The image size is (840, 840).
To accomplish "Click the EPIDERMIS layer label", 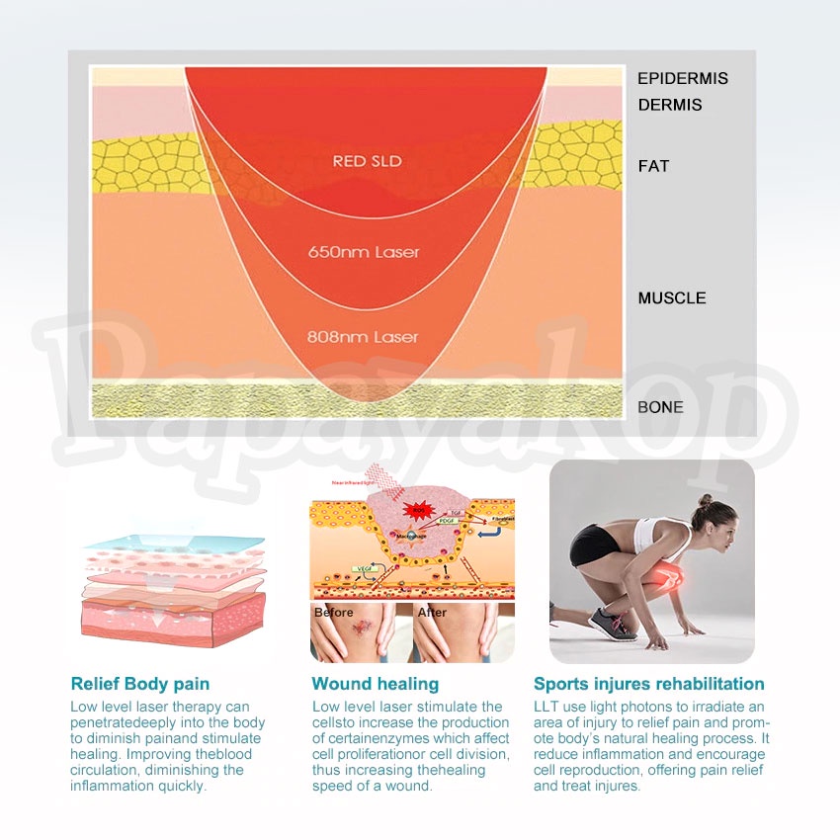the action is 682,79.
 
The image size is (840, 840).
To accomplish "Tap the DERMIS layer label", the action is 670,105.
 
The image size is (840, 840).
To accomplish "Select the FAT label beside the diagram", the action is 653,166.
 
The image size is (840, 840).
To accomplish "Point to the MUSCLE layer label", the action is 672,298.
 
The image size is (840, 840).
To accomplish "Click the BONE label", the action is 660,407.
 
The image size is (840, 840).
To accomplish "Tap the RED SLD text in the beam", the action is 367,161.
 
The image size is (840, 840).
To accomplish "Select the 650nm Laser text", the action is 364,252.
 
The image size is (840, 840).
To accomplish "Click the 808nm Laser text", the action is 363,337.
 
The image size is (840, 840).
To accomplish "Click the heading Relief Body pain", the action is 140,684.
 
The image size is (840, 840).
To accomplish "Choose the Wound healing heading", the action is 376,684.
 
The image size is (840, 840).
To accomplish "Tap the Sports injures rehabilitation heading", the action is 649,684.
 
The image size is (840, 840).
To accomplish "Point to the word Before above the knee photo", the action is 333,613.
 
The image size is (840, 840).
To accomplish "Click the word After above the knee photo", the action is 432,613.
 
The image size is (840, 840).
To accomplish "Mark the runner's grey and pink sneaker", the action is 613,624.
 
